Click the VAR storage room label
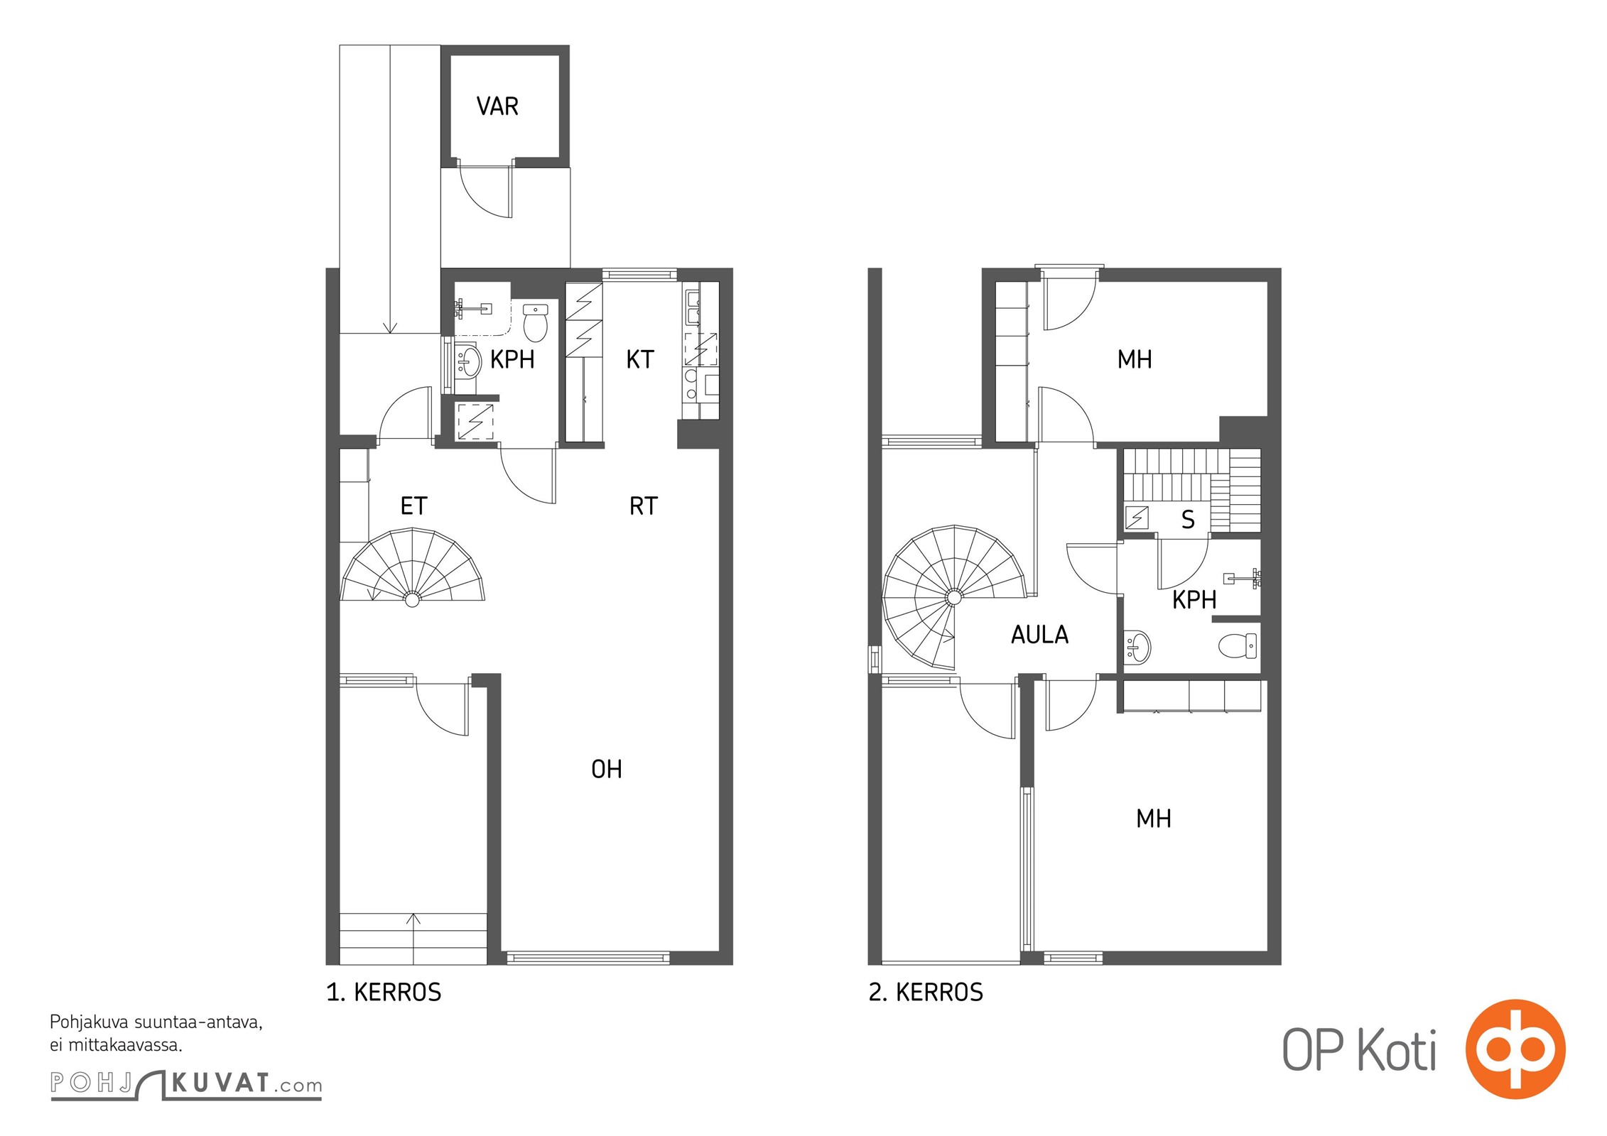tap(497, 106)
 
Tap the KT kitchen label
tap(639, 359)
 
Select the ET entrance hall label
tap(414, 506)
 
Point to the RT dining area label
tap(644, 506)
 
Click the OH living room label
tap(607, 769)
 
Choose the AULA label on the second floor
tap(1039, 635)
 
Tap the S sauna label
tap(1188, 520)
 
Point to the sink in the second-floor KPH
tap(1137, 647)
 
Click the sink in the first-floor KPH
tap(467, 360)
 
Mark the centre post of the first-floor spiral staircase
tap(411, 600)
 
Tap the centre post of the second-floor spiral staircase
tap(953, 598)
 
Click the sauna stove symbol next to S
tap(1137, 518)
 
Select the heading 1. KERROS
tap(384, 993)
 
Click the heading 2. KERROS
tap(926, 993)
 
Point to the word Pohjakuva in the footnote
tap(90, 1023)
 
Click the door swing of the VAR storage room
tap(486, 190)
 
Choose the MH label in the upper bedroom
tap(1134, 359)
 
